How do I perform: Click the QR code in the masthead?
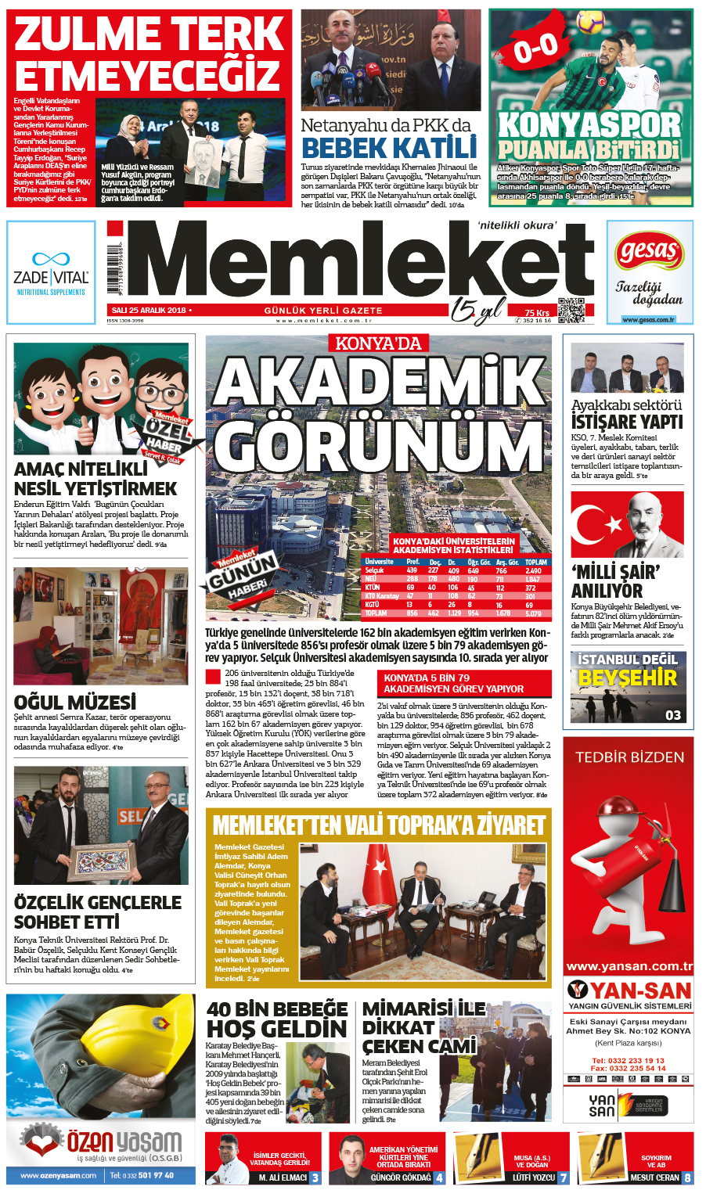[x=571, y=311]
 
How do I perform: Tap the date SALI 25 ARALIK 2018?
[x=149, y=311]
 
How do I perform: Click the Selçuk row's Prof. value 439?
[x=412, y=571]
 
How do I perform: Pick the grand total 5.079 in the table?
[x=533, y=613]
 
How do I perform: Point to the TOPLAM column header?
[x=536, y=562]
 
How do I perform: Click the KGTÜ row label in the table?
[x=372, y=605]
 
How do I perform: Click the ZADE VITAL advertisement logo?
[x=51, y=272]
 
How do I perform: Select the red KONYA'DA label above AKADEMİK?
[x=378, y=343]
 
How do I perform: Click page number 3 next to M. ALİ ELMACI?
[x=315, y=1177]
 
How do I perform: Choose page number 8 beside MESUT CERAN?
[x=687, y=1177]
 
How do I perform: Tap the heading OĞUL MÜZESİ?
[x=75, y=702]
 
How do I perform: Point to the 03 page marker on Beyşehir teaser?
[x=673, y=714]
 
